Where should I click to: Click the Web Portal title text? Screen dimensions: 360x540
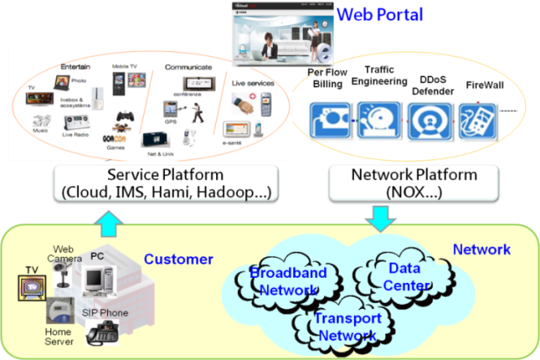379,14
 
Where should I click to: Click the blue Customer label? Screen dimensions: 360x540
178,259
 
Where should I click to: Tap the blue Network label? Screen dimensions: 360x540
481,249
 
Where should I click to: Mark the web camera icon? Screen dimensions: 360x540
61,272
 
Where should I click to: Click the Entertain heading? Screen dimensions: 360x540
75,66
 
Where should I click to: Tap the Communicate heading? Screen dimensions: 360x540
188,67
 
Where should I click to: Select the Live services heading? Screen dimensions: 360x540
253,83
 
